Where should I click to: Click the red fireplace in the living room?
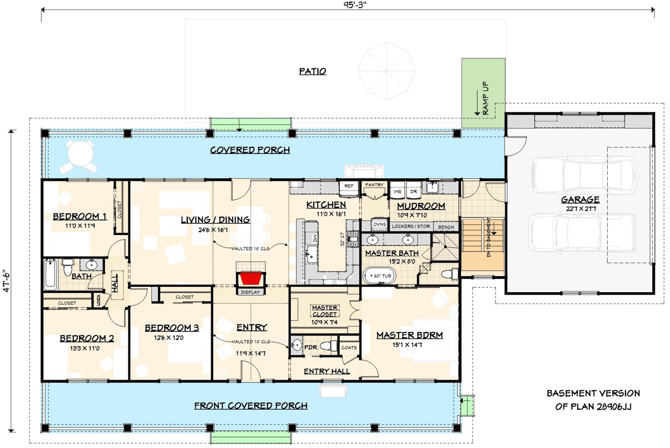tap(251, 278)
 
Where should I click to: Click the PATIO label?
tap(312, 72)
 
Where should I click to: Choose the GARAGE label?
tap(580, 199)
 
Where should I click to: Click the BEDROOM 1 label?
tap(80, 217)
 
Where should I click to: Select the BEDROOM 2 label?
tap(87, 338)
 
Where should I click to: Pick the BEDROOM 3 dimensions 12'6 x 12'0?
tap(170, 338)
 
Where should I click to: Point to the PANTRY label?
tap(373, 184)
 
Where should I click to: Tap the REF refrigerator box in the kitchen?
tap(348, 185)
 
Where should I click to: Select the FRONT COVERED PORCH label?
tap(251, 405)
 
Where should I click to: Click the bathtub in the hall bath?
tap(51, 274)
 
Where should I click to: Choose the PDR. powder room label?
tap(311, 347)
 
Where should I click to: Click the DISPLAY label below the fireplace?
tap(251, 292)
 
